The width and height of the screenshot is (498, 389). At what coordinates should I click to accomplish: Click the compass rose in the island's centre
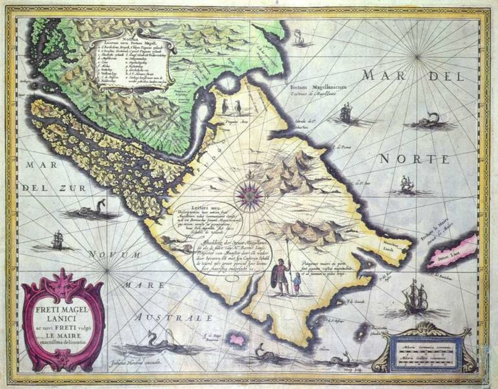[x=249, y=194]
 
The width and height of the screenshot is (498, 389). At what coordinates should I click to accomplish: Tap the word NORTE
[x=414, y=159]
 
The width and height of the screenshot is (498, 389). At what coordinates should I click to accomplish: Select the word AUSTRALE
[x=174, y=318]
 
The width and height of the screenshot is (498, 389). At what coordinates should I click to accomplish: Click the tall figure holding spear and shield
[x=281, y=276]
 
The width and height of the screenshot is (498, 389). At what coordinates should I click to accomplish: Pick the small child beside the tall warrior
[x=297, y=284]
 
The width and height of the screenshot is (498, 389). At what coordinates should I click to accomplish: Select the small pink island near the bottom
[x=237, y=339]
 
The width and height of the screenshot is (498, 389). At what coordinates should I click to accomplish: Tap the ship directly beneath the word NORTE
[x=407, y=185]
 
